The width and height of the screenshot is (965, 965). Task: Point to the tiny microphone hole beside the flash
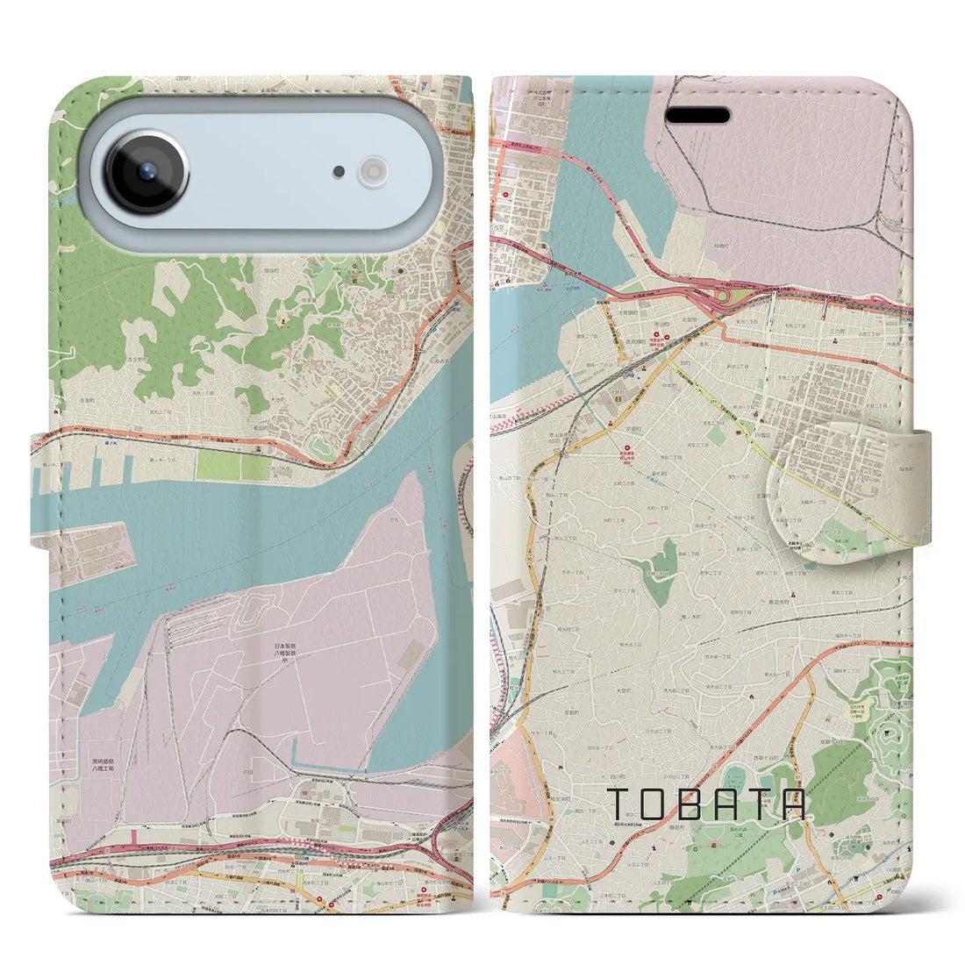point(339,172)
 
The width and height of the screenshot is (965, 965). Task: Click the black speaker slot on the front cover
point(699,116)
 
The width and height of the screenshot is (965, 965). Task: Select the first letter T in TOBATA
point(618,804)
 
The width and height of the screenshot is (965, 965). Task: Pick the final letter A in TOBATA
point(792,804)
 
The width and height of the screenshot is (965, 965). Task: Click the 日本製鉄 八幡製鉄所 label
point(290,654)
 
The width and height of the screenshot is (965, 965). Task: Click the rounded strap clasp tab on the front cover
point(833,491)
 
